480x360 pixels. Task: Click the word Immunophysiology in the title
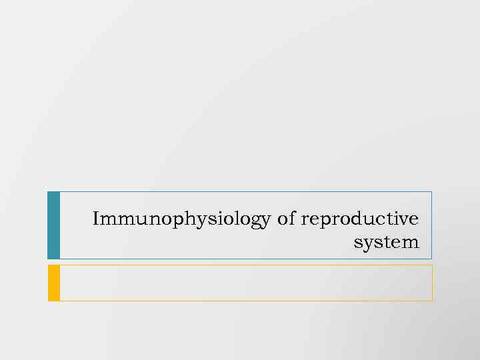tap(182, 219)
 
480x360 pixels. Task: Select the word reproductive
tap(360, 219)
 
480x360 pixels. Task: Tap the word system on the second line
tap(387, 242)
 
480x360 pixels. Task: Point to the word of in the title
tap(286, 219)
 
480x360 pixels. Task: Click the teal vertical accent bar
tap(54, 225)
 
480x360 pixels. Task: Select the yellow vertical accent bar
tap(54, 283)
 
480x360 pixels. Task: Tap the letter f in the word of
tap(291, 218)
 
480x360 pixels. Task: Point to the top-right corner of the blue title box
tap(431, 192)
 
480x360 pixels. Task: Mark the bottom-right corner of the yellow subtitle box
tap(432, 300)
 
